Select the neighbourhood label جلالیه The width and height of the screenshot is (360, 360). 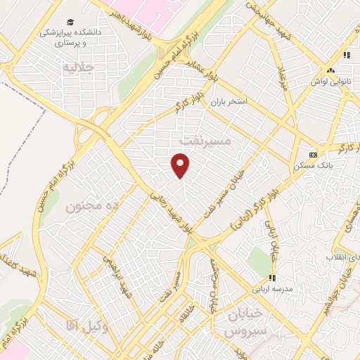78,68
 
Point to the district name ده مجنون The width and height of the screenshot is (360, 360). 94,206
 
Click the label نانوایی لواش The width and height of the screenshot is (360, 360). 330,82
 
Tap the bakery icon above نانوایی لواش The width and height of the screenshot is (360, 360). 330,70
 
